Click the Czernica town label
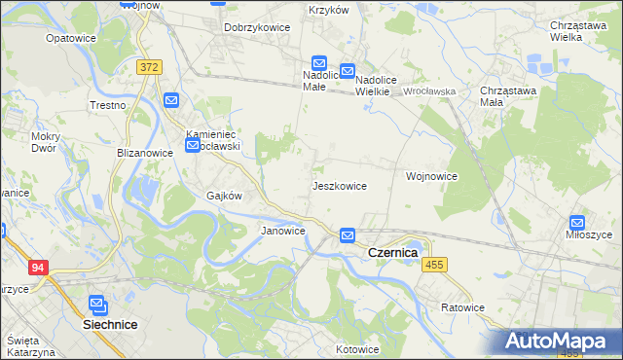392,252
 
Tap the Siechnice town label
96,324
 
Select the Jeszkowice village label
339,185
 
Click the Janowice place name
283,231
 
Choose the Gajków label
223,195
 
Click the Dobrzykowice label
257,27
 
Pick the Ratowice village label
461,307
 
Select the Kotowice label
356,349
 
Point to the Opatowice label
70,38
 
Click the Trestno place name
108,104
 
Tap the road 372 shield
149,67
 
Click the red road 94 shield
39,268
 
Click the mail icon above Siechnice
97,304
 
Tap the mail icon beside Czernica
348,235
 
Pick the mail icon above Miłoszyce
577,222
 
